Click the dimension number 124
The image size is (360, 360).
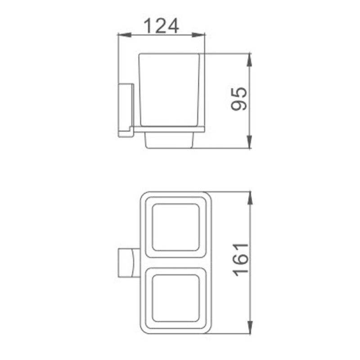point(161,26)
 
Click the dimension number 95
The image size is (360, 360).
point(239,99)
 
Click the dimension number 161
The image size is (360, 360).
point(241,260)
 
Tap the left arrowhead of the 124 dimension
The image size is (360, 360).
point(124,35)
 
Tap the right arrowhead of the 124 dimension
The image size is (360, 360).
point(198,35)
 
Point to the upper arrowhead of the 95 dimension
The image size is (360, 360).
point(249,60)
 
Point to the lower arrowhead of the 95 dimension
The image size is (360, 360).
point(249,142)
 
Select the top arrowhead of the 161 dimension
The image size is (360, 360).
point(250,198)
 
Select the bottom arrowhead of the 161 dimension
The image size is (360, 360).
point(250,327)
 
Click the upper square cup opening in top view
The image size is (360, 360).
point(176,227)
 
